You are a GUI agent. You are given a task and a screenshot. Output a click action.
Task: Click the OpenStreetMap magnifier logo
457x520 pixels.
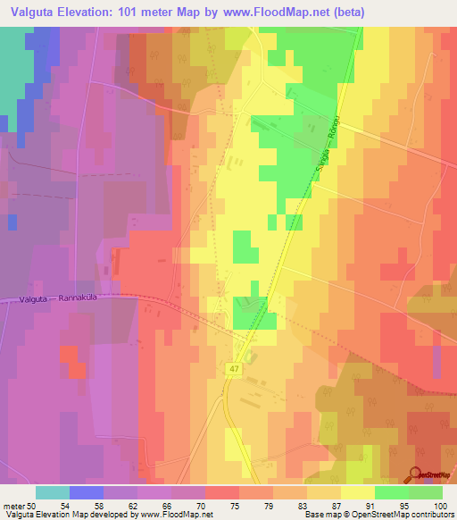pos(415,475)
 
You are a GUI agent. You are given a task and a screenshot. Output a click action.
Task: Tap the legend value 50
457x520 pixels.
pos(37,505)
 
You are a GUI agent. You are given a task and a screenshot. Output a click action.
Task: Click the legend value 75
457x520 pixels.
pos(210,505)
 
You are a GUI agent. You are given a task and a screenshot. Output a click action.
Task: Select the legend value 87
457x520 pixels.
pos(312,505)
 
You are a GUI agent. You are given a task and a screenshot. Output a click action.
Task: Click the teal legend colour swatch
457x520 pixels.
pos(53,491)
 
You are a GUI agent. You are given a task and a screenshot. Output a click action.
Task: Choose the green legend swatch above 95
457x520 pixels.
pos(392,491)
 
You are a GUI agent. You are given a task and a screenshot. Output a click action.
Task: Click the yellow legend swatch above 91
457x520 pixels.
pos(358,491)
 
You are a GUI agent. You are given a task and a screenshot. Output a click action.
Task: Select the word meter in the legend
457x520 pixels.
pos(15,505)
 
